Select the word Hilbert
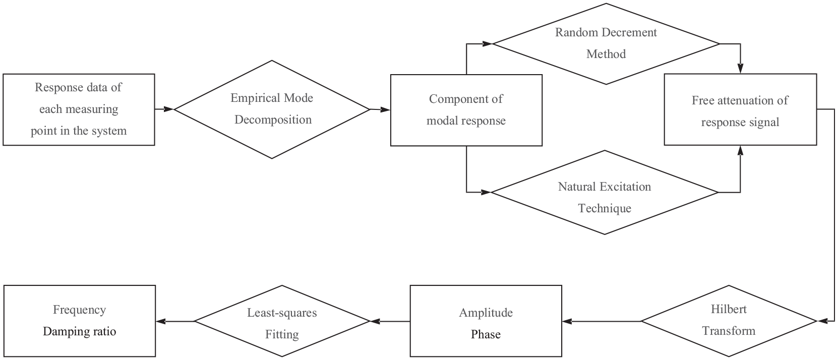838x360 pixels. (x=729, y=309)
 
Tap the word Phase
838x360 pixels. (x=486, y=334)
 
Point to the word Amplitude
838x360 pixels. (x=486, y=313)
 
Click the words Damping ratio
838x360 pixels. (x=79, y=332)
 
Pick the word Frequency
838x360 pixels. (x=79, y=310)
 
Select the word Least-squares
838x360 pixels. (x=282, y=313)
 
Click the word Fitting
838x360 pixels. (x=282, y=335)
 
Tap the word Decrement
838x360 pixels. (x=632, y=33)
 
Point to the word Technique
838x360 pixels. (x=605, y=208)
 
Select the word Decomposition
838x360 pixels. (x=273, y=120)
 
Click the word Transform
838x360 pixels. (x=729, y=331)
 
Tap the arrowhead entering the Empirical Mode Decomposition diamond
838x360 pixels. (x=169, y=109)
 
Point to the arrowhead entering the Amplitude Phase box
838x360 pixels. (x=568, y=321)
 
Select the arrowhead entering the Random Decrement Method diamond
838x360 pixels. (x=487, y=44)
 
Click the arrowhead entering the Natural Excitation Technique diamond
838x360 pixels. (x=486, y=192)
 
